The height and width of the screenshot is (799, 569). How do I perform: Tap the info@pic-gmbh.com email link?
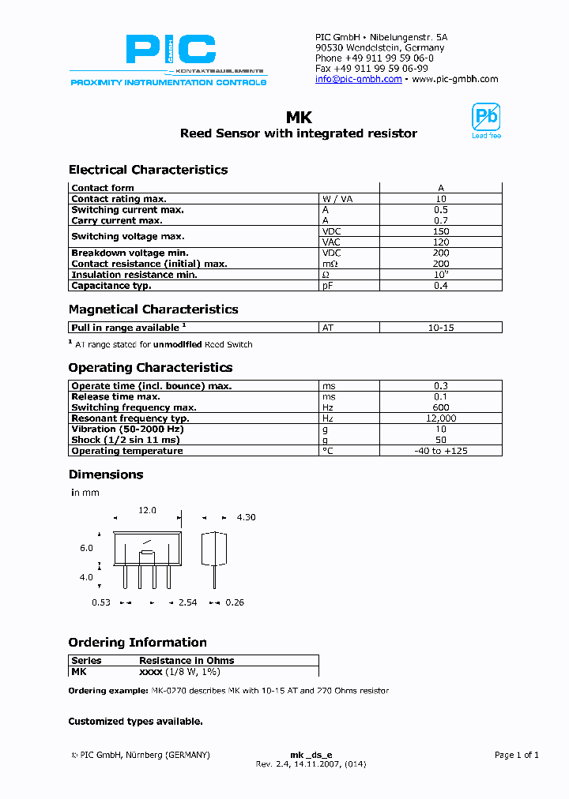click(358, 79)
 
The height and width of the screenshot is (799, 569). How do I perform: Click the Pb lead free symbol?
click(486, 119)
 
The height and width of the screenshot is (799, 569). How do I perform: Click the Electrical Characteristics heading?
click(148, 170)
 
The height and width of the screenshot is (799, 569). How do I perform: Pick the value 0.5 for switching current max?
click(441, 210)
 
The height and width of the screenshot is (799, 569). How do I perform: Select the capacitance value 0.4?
click(441, 286)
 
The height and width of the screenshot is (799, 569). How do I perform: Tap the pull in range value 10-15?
click(441, 327)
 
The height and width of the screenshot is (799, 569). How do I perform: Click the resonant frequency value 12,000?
click(441, 418)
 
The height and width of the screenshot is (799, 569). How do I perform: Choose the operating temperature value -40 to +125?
click(441, 451)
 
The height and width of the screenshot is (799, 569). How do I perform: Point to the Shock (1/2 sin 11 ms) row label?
click(126, 440)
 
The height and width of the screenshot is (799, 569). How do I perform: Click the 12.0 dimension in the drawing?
click(148, 511)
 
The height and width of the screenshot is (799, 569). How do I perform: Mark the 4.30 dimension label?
click(246, 517)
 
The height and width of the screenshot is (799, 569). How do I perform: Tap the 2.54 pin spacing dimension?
click(187, 602)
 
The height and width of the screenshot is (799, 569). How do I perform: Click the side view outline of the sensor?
click(210, 550)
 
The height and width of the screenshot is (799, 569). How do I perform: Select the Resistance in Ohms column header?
click(187, 660)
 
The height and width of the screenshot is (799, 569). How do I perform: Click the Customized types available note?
click(135, 721)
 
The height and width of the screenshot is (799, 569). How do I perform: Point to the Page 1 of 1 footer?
click(516, 755)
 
